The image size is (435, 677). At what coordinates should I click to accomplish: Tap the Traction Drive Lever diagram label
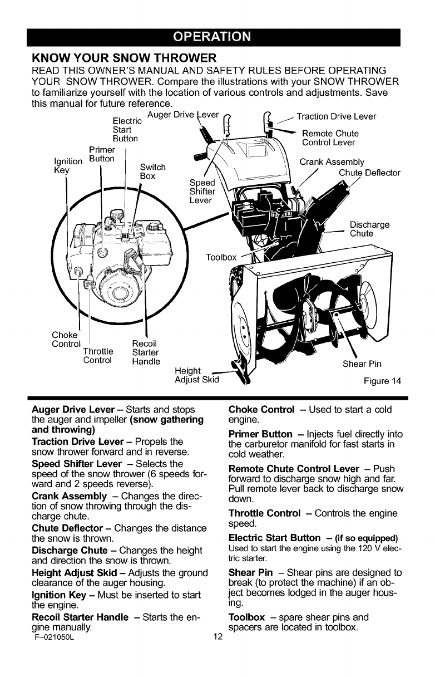[336, 117]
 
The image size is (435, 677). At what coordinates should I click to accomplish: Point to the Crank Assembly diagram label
[332, 163]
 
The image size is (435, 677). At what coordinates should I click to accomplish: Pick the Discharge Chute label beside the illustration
[369, 229]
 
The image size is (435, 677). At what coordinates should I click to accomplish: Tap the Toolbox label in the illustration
[221, 257]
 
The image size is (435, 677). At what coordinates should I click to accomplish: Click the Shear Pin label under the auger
[362, 365]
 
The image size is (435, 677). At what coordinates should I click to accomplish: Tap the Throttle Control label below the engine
[98, 355]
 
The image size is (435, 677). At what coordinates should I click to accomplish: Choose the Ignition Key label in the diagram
[61, 166]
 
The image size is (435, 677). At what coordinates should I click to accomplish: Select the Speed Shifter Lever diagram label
[202, 193]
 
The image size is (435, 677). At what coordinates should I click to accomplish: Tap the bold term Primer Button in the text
[261, 434]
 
